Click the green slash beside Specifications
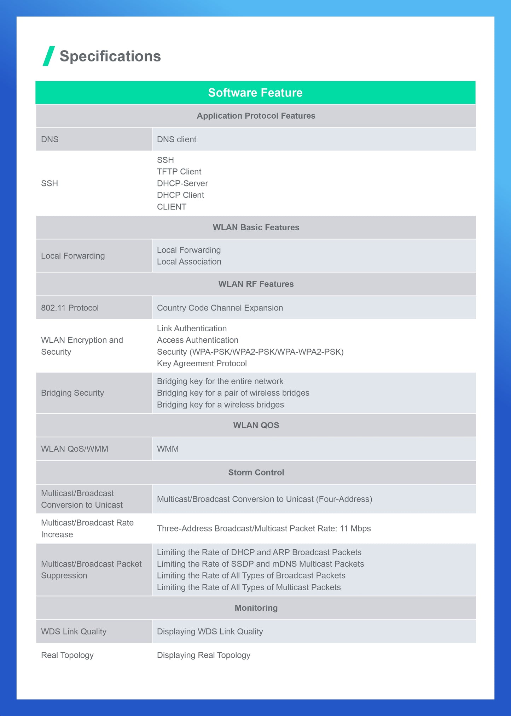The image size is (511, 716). pos(49,56)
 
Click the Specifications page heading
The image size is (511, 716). pos(110,56)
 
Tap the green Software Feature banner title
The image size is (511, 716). pos(255,93)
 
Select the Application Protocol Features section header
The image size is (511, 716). pos(256,116)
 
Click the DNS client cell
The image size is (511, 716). pos(176,140)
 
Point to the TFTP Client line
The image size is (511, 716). pos(179,172)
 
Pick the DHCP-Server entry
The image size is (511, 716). pos(182,183)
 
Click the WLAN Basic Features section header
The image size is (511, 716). pos(256,227)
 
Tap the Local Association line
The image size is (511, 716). pos(189,262)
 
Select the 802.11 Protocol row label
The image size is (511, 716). pos(70,308)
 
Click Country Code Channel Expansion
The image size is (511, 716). pos(220,308)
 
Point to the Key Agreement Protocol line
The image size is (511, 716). pos(202,363)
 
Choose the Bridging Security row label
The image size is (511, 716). pos(72,393)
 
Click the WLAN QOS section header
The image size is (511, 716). pos(256,425)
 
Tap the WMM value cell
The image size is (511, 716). pos(168,449)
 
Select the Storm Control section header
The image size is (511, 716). pos(256,473)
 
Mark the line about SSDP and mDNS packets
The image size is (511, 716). pos(260,564)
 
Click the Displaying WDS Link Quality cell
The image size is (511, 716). pos(210,632)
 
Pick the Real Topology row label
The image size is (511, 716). pos(67,655)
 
